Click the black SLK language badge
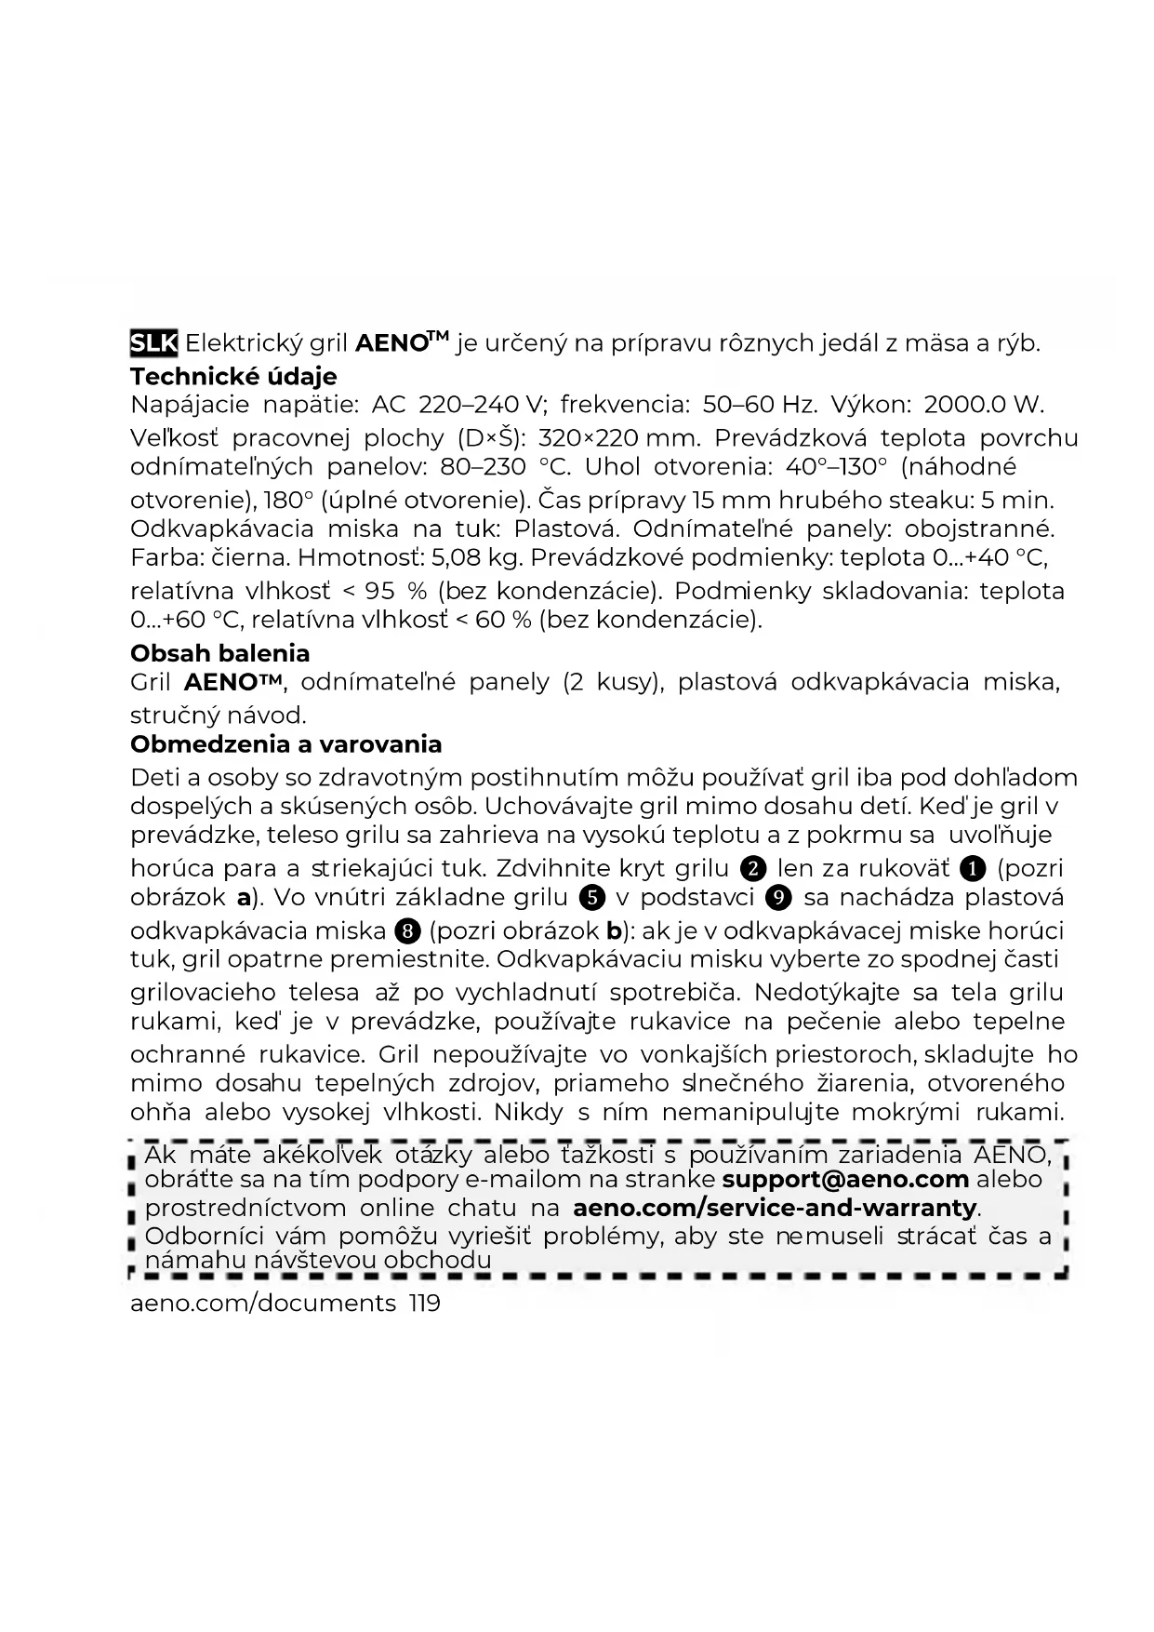click(x=153, y=343)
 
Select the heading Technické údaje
click(x=233, y=377)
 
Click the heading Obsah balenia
click(x=219, y=653)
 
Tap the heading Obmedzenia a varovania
click(x=285, y=744)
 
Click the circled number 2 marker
click(x=753, y=869)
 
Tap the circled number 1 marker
click(x=973, y=869)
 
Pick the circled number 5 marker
click(x=591, y=898)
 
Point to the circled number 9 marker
click(x=778, y=898)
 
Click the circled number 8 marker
click(x=405, y=931)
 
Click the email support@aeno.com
click(x=845, y=1180)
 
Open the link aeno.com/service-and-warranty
click(x=775, y=1209)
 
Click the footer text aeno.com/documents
click(x=263, y=1304)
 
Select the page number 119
click(x=424, y=1304)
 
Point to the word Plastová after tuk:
click(x=565, y=529)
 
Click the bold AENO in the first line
click(x=391, y=343)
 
